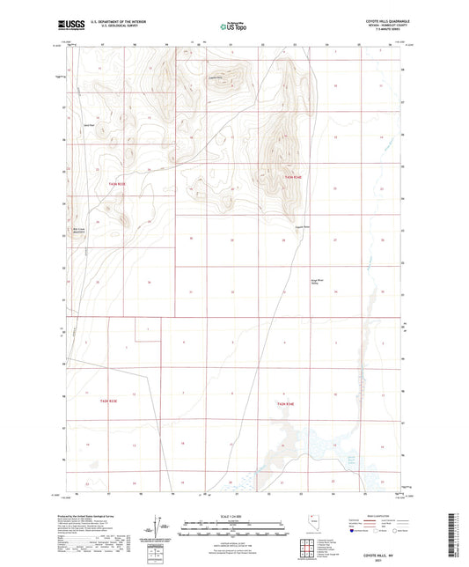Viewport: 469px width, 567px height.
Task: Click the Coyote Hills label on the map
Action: [x=214, y=77]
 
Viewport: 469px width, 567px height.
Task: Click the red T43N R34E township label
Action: [x=294, y=180]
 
